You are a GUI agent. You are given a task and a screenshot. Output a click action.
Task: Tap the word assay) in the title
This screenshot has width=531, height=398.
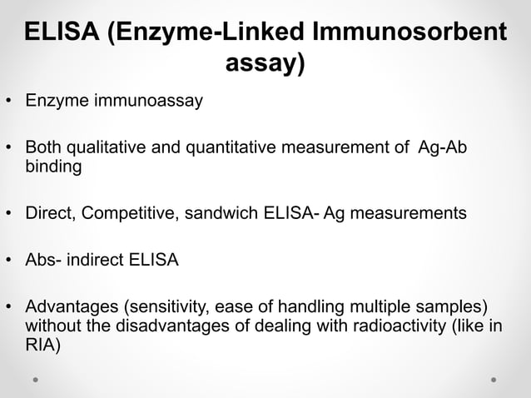tap(265, 62)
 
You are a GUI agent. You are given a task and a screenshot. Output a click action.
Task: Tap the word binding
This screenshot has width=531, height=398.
tap(53, 167)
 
